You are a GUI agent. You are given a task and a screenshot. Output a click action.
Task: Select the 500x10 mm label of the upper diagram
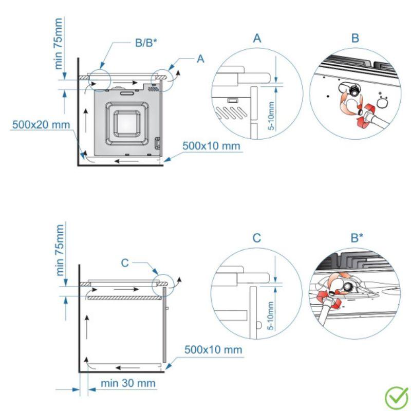tap(211, 145)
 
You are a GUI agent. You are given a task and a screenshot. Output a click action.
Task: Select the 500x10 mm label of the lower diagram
tap(213, 350)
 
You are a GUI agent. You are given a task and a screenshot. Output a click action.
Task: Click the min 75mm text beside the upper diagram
tap(60, 44)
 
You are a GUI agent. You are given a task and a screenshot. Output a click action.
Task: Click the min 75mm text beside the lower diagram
tap(60, 250)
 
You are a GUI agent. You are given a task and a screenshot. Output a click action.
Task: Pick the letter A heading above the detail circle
tap(257, 39)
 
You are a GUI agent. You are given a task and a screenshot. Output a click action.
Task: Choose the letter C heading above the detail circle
tap(257, 238)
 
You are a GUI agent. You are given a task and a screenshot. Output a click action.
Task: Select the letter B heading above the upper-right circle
tap(356, 39)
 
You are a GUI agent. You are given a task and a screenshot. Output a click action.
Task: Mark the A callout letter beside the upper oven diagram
tap(200, 59)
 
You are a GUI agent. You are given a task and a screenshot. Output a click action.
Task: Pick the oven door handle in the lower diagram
tap(168, 308)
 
